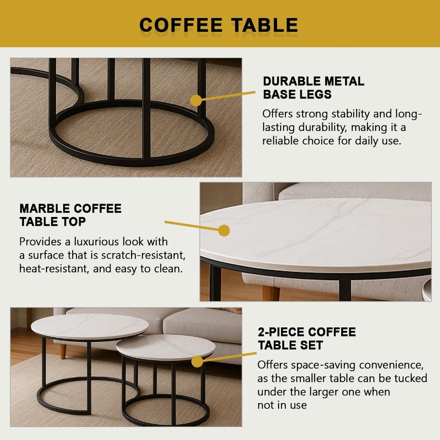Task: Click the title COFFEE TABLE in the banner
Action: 219,25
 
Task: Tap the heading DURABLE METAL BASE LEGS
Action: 313,88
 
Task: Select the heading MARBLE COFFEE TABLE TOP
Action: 70,215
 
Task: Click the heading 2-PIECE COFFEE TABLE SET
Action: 306,338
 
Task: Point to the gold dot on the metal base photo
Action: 196,101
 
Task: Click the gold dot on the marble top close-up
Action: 224,231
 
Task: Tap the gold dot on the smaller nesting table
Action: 197,361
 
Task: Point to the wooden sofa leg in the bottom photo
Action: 63,351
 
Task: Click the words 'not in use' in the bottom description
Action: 282,405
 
